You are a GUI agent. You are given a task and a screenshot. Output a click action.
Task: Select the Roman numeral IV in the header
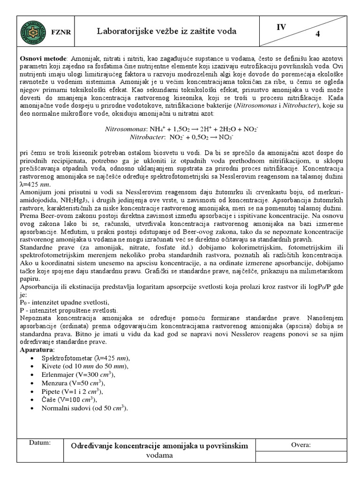281,27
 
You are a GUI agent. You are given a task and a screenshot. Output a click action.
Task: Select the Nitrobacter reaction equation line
180,137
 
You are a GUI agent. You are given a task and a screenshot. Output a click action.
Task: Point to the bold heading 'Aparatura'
37,350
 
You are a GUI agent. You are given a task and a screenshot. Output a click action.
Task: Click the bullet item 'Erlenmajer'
78,375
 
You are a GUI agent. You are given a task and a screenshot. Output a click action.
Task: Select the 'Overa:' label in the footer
300,445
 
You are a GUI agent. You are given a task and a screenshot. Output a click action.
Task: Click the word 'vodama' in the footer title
159,455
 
